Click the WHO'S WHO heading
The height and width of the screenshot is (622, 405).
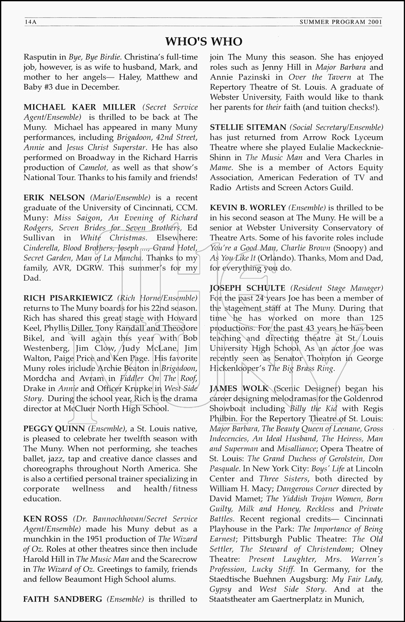click(204, 41)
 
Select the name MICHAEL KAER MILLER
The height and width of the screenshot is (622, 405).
click(80, 107)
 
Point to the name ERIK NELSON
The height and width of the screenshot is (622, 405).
click(54, 198)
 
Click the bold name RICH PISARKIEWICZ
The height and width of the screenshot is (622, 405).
click(68, 298)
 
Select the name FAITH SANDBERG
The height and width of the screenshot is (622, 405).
click(63, 599)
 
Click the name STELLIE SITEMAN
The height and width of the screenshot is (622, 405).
click(248, 127)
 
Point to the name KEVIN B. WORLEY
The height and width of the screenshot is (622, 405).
click(248, 208)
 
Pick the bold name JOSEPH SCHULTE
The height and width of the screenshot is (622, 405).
click(247, 288)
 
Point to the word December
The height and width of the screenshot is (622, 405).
click(101, 87)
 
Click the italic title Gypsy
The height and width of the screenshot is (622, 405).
click(221, 589)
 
